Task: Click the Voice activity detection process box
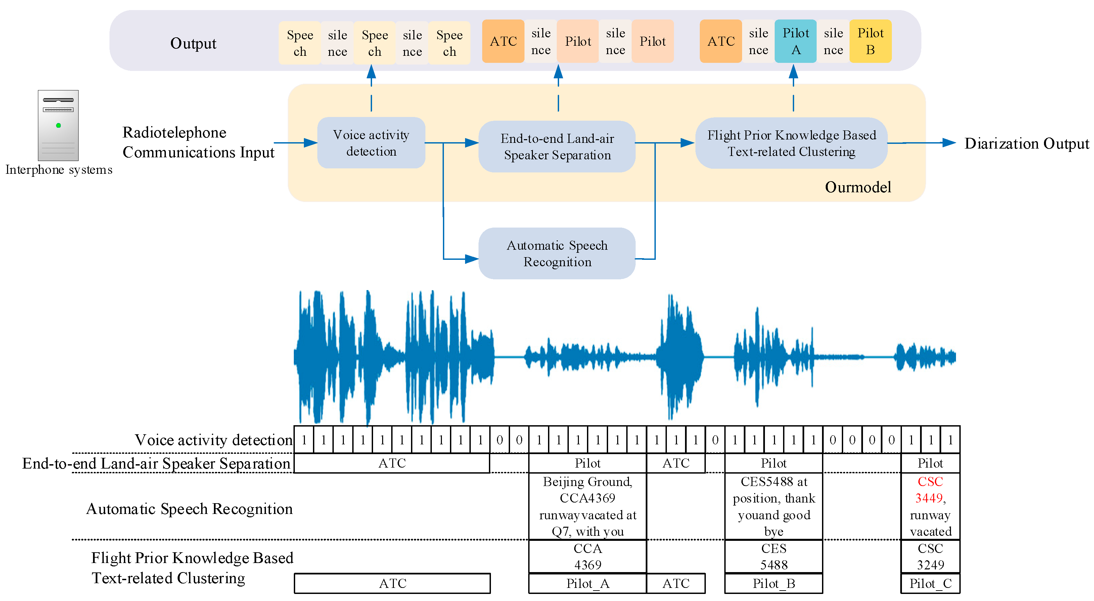click(x=371, y=143)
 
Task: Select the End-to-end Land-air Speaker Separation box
click(x=557, y=147)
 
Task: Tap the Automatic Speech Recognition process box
click(x=557, y=253)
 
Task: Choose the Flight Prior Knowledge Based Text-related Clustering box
click(x=791, y=143)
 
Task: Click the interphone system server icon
click(x=58, y=125)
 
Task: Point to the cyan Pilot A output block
click(x=795, y=41)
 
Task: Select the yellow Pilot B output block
click(x=870, y=41)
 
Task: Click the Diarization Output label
click(x=1026, y=144)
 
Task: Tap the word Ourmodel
click(x=858, y=187)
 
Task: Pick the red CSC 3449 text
click(x=930, y=490)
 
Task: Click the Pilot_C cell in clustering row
click(x=930, y=584)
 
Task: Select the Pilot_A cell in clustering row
click(x=587, y=584)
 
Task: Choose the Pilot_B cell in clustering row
click(x=773, y=584)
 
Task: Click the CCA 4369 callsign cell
click(x=587, y=556)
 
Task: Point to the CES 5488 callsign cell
click(x=773, y=556)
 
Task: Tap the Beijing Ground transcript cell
click(x=587, y=506)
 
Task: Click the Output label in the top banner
click(x=193, y=43)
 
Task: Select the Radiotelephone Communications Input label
click(x=198, y=143)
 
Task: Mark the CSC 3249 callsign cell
click(x=930, y=556)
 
